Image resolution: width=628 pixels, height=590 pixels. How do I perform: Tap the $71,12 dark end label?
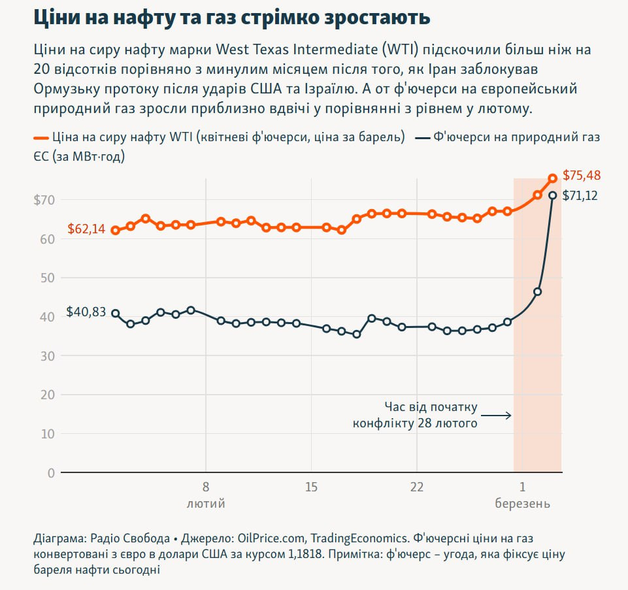580,195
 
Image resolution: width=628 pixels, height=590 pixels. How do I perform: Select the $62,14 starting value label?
86,229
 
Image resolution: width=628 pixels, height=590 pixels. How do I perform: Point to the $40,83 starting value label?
86,312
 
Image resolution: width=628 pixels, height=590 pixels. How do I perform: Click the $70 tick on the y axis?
44,200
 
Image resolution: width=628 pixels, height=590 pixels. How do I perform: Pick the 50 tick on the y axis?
48,278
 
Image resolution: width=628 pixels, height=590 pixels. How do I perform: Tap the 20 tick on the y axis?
48,395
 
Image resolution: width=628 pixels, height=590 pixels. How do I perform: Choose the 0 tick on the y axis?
52,472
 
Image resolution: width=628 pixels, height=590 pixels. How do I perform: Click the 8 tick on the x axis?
206,487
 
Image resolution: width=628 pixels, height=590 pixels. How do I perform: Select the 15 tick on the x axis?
311,487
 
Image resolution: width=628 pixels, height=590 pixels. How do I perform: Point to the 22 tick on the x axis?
417,487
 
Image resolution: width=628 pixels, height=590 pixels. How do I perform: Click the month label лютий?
206,504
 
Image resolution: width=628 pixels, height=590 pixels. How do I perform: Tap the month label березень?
522,504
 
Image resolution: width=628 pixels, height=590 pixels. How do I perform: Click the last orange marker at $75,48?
552,178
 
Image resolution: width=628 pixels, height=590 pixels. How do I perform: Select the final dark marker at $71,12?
552,195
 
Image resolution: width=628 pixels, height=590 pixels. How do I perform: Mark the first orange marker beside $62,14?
115,230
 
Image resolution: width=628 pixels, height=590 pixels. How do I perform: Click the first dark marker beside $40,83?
115,313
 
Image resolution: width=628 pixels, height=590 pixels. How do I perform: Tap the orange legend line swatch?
41,138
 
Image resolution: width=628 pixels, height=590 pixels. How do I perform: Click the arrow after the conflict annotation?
499,416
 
